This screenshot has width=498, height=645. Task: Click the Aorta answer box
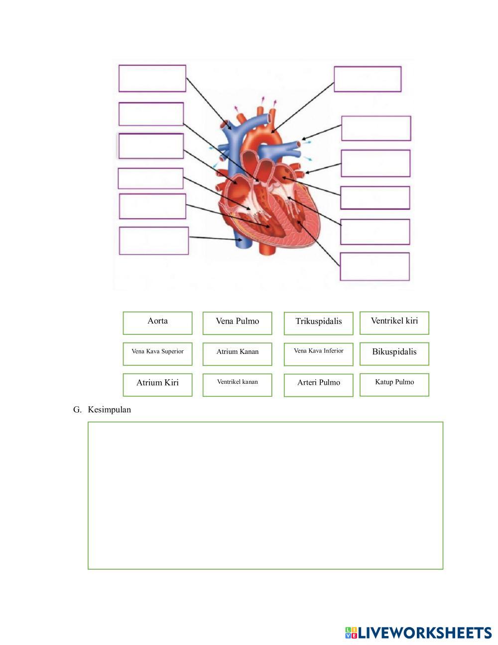click(x=157, y=323)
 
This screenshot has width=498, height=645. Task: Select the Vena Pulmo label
click(x=237, y=323)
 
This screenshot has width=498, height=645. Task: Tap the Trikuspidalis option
click(x=318, y=323)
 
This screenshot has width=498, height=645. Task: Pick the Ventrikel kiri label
click(x=394, y=323)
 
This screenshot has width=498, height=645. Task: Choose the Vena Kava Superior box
click(x=157, y=354)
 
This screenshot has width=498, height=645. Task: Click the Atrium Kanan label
click(x=237, y=354)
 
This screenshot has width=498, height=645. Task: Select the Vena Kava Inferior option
click(x=318, y=354)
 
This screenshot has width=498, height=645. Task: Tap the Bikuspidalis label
click(x=394, y=354)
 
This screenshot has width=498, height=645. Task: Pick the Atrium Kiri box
click(x=157, y=385)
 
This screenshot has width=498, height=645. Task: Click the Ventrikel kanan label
click(x=237, y=385)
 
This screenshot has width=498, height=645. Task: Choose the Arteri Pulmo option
click(x=318, y=385)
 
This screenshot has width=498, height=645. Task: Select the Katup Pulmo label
click(x=394, y=385)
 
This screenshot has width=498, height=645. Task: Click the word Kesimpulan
click(x=110, y=410)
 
